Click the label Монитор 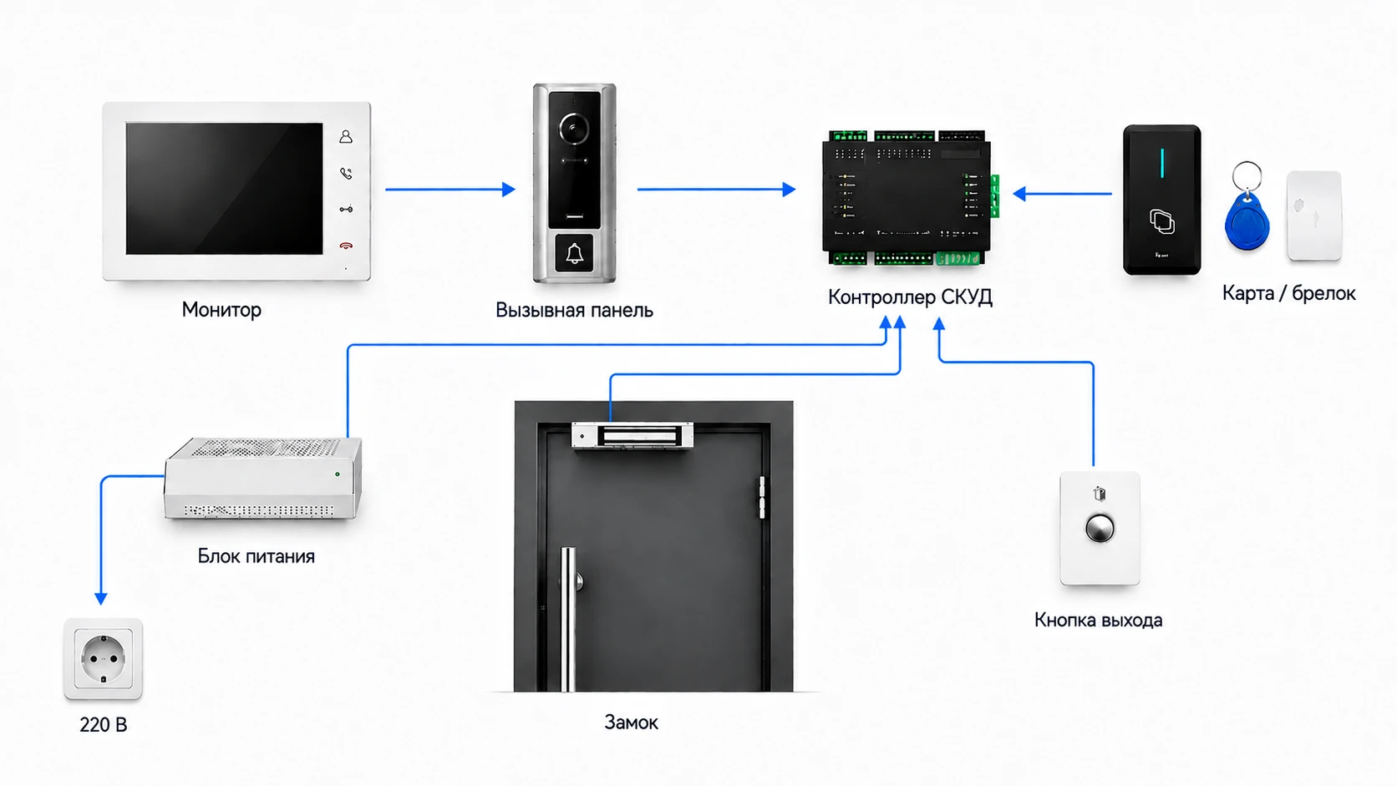click(x=221, y=310)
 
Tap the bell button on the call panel click(x=574, y=254)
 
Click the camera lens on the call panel click(x=573, y=129)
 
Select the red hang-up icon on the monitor click(x=346, y=246)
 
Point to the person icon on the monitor click(x=346, y=136)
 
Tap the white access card click(x=1314, y=216)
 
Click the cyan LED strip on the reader click(x=1162, y=163)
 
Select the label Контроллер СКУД click(x=910, y=297)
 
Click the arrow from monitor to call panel click(x=450, y=189)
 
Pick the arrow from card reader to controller click(x=1062, y=194)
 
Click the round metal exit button click(x=1100, y=530)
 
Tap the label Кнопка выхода click(x=1098, y=621)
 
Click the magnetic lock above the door click(x=632, y=435)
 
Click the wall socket click(x=104, y=658)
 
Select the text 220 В click(x=104, y=725)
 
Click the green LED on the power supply click(x=338, y=474)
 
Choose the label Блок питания click(x=257, y=556)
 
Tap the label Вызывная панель click(x=574, y=310)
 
